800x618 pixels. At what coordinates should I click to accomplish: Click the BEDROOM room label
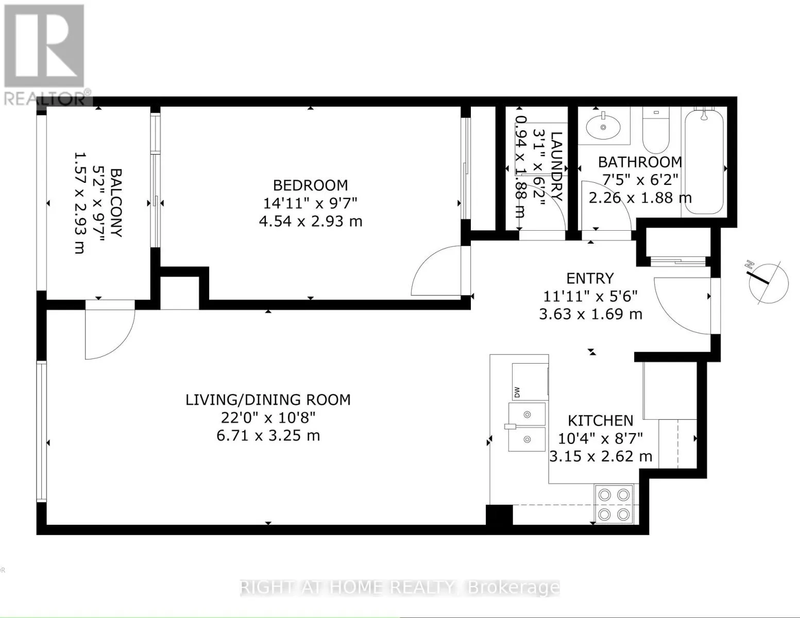click(x=310, y=185)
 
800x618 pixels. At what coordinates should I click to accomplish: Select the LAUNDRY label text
click(x=556, y=166)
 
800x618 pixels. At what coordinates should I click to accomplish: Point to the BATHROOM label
click(x=640, y=162)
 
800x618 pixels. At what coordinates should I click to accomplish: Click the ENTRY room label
click(x=590, y=278)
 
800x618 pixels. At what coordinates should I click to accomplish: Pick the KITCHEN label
click(x=601, y=420)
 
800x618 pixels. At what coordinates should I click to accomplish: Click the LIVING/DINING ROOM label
click(x=268, y=400)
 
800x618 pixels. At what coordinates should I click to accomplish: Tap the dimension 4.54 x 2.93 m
click(x=310, y=221)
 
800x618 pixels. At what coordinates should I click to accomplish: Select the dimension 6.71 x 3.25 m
click(x=268, y=436)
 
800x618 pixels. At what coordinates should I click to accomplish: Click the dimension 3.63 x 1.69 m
click(x=590, y=314)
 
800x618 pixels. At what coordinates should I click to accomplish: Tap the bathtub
click(x=704, y=160)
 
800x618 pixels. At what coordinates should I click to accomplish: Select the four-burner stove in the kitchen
click(x=614, y=504)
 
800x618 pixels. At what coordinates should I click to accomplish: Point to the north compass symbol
click(x=769, y=283)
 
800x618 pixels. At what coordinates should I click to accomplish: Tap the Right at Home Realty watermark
click(x=400, y=588)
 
